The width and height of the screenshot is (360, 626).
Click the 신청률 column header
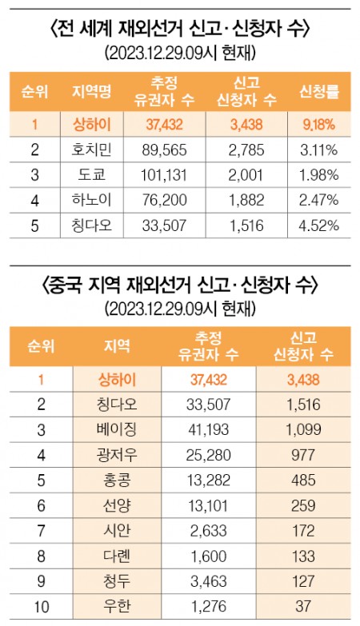point(319,92)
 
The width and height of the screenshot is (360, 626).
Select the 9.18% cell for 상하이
point(319,125)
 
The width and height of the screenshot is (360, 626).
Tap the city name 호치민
point(92,150)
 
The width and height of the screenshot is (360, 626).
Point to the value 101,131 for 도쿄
point(164,175)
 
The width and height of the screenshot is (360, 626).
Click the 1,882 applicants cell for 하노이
point(246,201)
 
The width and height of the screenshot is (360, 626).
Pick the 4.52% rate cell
point(319,225)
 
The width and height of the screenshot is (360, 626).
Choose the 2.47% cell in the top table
point(319,201)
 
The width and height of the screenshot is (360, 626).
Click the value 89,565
point(164,150)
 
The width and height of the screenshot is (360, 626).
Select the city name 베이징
point(117,429)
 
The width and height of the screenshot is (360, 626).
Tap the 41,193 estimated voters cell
point(209,430)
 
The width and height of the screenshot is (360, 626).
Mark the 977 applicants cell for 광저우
point(304,455)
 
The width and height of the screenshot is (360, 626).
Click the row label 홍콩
point(117,480)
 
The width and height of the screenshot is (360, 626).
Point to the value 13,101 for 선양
point(209,506)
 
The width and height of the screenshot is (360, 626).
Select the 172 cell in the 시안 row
point(304,531)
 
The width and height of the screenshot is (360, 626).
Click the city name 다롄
point(117,556)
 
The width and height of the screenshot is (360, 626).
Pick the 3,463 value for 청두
point(209,582)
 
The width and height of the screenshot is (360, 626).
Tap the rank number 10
point(42,607)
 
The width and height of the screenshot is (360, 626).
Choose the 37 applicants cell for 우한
point(304,607)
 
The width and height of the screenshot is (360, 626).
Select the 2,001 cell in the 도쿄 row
point(246,175)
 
